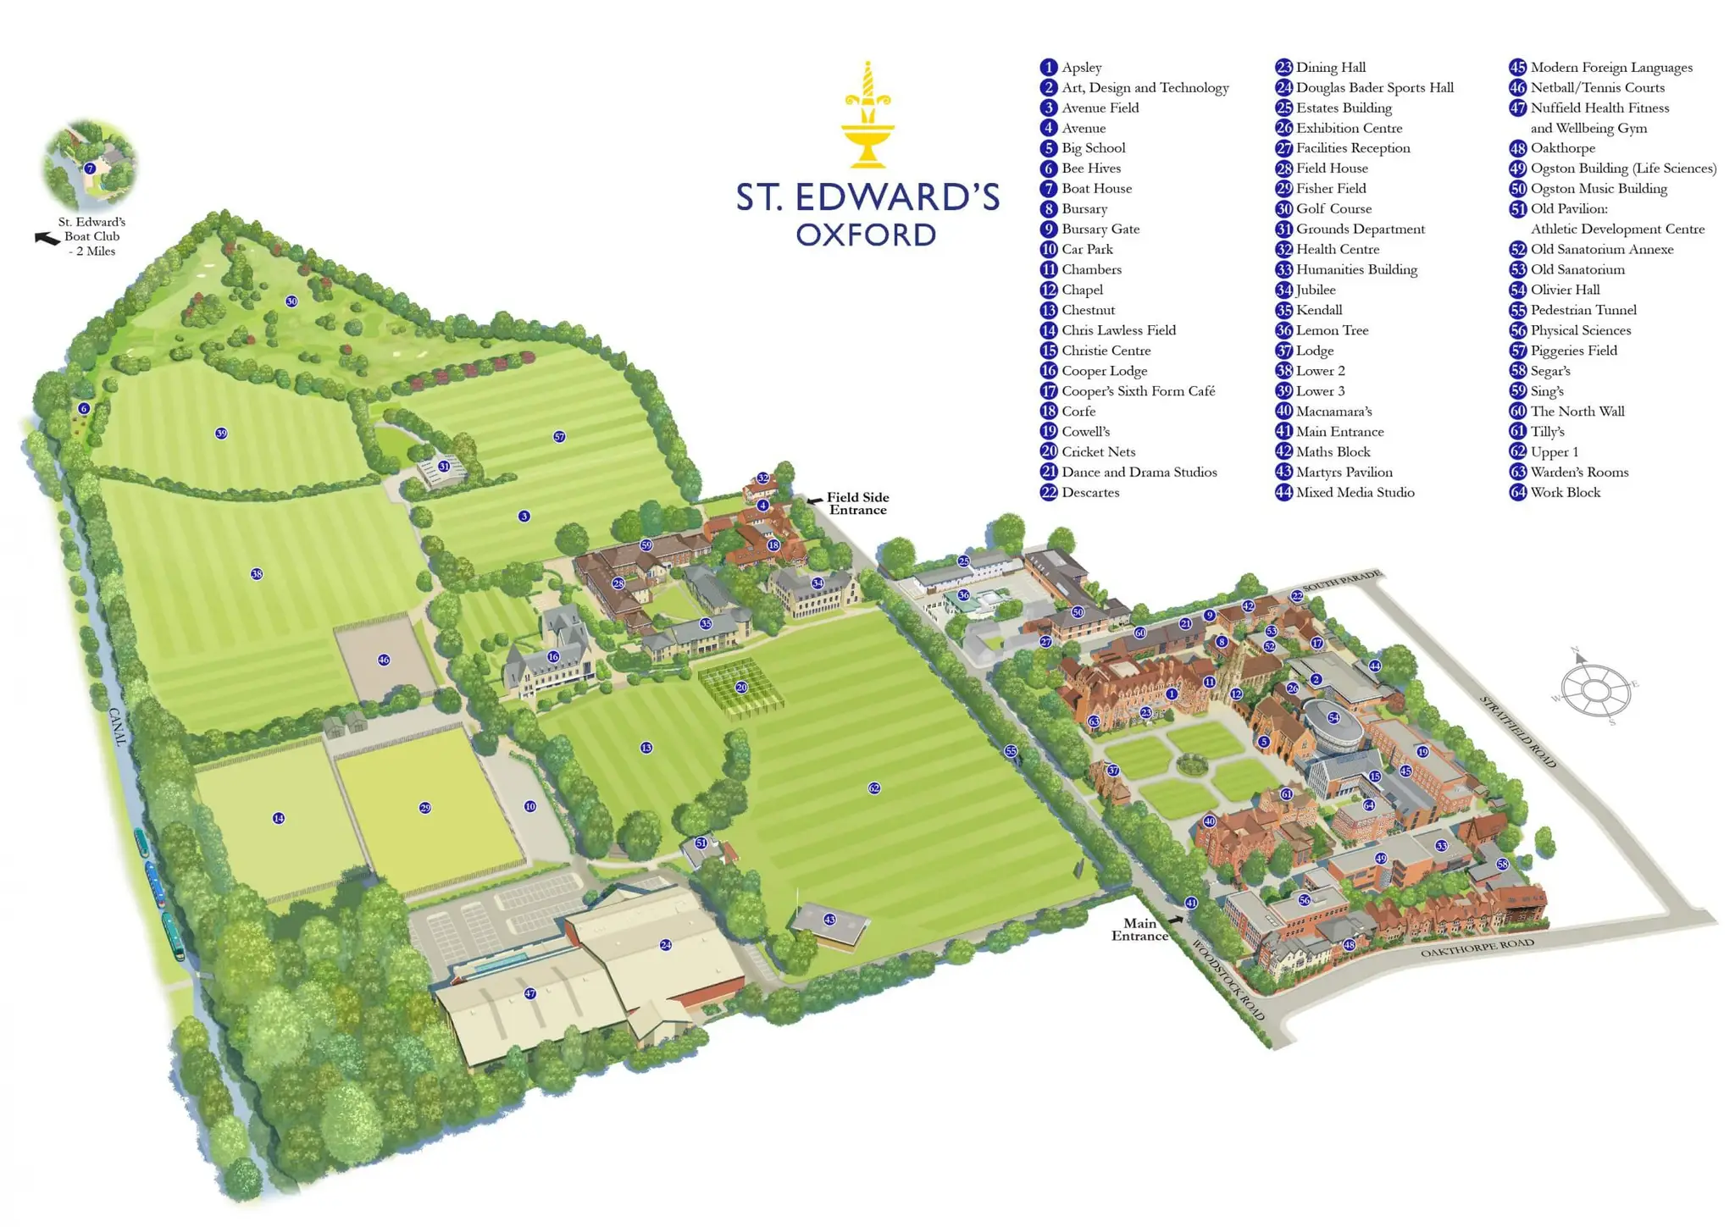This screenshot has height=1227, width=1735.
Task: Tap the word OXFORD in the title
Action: [866, 235]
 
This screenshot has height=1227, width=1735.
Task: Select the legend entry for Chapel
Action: [1082, 290]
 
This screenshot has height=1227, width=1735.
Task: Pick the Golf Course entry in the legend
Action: [1333, 208]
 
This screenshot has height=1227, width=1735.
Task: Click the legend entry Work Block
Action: [1565, 492]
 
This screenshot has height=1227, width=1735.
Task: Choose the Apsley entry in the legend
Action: [1081, 67]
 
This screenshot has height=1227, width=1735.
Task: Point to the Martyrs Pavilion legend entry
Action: [1344, 472]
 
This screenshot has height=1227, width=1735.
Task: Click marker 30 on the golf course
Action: [291, 301]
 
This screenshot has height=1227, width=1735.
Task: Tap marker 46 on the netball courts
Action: [384, 660]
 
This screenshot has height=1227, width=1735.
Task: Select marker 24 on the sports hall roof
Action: [666, 944]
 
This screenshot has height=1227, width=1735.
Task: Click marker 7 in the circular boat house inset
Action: [90, 169]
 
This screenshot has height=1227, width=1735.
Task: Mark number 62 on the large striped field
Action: [874, 788]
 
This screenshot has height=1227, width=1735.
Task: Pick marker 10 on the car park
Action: [530, 806]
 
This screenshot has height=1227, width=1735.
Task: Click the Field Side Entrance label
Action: [857, 503]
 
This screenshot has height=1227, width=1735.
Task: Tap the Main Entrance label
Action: [1139, 929]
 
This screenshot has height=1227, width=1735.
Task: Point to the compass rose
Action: [1596, 689]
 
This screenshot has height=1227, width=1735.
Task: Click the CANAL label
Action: [118, 727]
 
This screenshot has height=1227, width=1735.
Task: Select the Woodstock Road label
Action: [1228, 980]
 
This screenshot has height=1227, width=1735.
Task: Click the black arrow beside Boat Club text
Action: [46, 239]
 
